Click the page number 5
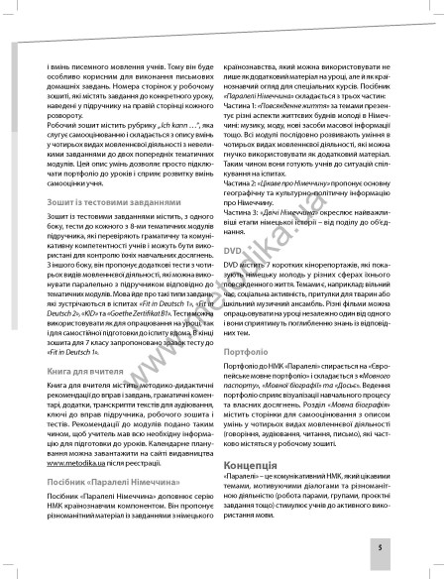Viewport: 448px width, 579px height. pos(407,545)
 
